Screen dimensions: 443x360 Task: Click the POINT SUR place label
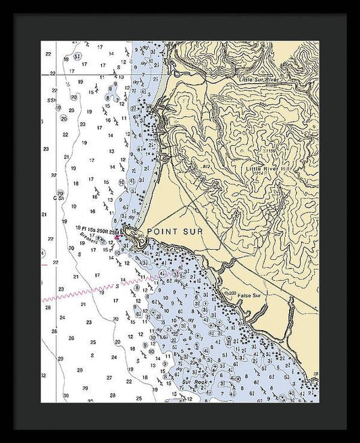[174, 231]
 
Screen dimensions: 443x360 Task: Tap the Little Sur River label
[259, 79]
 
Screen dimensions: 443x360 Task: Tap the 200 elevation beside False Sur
[232, 292]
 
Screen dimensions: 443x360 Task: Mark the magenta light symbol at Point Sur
[117, 237]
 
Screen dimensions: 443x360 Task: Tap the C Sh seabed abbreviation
[59, 198]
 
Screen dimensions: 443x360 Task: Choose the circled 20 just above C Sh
[61, 192]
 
